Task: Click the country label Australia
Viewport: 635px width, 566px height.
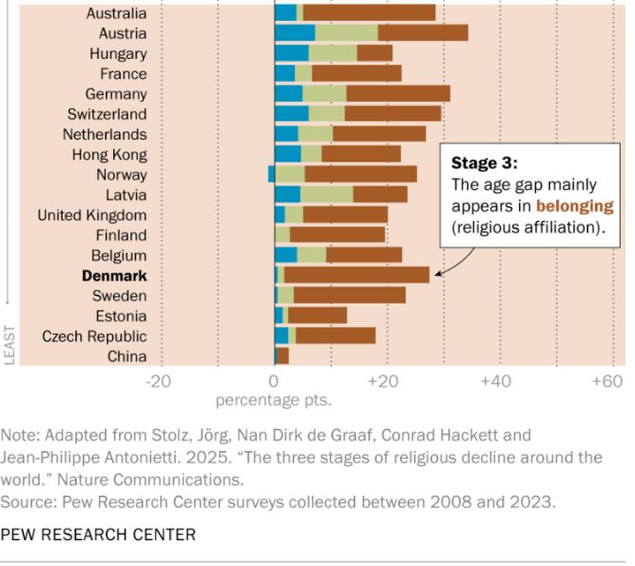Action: [116, 13]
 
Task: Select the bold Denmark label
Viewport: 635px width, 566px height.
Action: [114, 276]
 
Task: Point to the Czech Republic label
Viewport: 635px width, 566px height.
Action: [94, 336]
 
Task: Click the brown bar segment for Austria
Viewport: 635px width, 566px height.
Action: [423, 33]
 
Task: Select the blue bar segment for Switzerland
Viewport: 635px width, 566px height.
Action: [291, 114]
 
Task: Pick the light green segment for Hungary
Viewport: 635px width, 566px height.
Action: [332, 53]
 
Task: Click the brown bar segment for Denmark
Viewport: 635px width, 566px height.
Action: [356, 276]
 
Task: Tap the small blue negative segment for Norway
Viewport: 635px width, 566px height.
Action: [271, 174]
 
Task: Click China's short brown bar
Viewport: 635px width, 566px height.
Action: [283, 357]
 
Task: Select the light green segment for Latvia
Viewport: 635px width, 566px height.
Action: [327, 195]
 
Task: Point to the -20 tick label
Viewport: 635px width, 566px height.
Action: [158, 381]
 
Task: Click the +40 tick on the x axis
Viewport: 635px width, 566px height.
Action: [496, 381]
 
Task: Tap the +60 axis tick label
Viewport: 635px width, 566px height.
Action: [605, 381]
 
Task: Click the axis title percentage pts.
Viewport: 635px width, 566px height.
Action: [273, 400]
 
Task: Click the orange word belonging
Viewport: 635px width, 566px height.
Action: [574, 205]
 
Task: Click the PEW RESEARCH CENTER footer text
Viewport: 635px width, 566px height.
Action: [98, 535]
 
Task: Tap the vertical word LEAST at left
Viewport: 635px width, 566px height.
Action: [10, 343]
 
